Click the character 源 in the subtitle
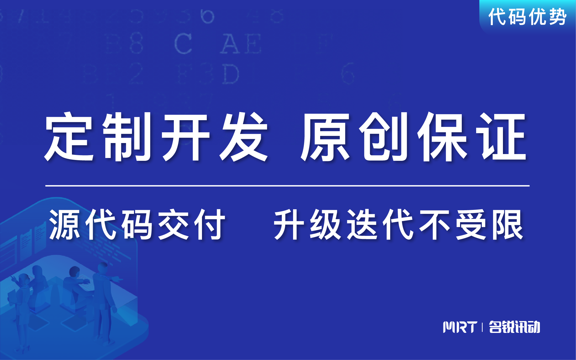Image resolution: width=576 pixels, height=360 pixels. (x=65, y=225)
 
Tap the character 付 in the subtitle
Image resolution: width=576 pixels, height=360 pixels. (x=210, y=225)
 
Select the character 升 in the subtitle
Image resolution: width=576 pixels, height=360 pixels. (x=289, y=225)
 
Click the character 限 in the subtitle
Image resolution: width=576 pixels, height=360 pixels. (x=508, y=225)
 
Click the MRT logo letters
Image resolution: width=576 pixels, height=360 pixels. (x=460, y=327)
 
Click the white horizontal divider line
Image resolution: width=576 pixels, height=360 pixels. (x=287, y=186)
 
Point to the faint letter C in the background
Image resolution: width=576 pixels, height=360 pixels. (x=183, y=43)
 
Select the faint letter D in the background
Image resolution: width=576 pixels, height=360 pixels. (x=230, y=75)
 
